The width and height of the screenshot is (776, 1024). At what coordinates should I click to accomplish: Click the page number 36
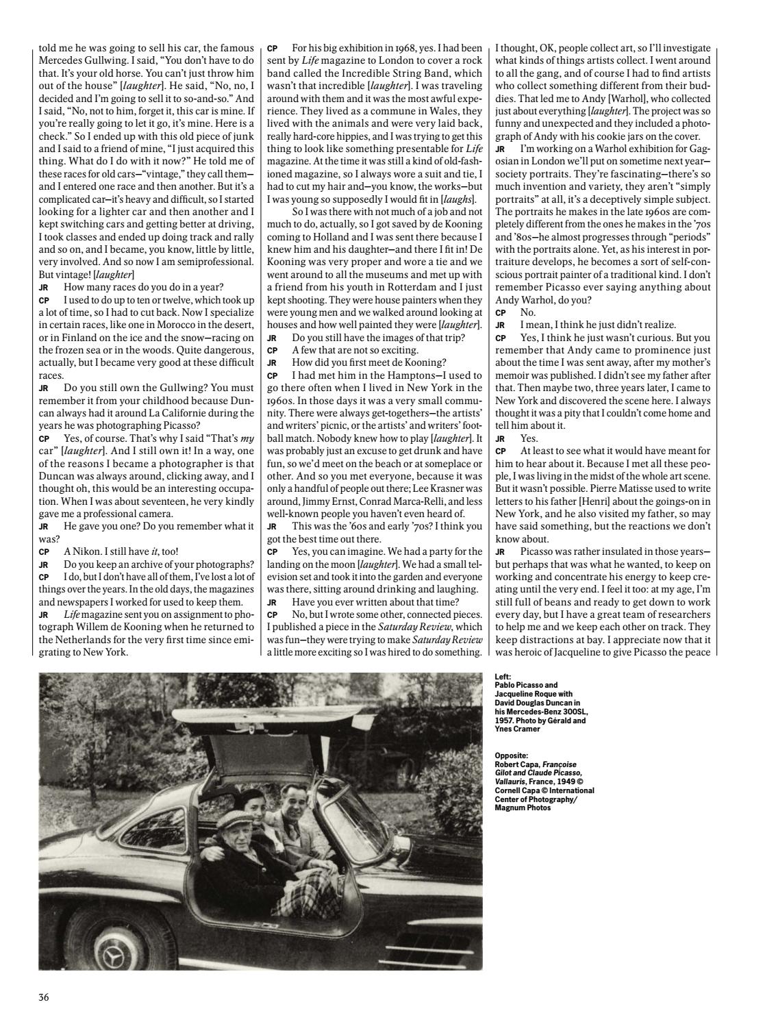(x=44, y=997)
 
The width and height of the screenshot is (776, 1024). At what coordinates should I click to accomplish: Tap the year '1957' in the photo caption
(x=504, y=721)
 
